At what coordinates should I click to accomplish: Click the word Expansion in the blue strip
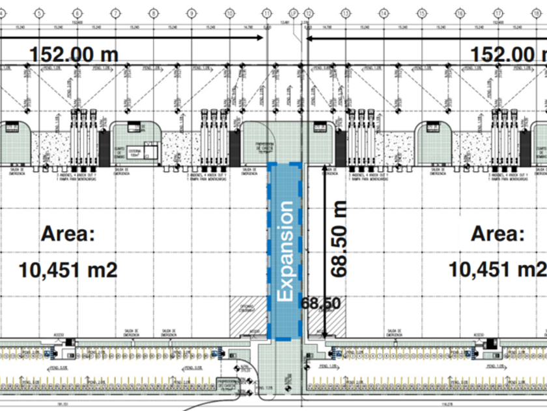(x=285, y=251)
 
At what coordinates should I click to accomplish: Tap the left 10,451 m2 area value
(x=68, y=269)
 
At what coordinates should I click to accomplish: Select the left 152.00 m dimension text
(x=73, y=54)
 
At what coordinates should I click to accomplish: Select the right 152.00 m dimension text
(x=509, y=54)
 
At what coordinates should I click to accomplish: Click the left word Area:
(x=68, y=234)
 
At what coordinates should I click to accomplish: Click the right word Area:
(x=498, y=234)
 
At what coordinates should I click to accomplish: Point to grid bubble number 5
(x=40, y=12)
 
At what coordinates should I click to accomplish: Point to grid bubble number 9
(x=191, y=12)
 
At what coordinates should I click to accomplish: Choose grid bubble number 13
(x=345, y=12)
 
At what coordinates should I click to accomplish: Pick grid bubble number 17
(x=498, y=12)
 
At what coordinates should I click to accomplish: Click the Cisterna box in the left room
(x=135, y=152)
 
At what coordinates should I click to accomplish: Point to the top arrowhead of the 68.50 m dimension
(x=324, y=171)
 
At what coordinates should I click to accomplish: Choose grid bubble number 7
(x=116, y=12)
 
